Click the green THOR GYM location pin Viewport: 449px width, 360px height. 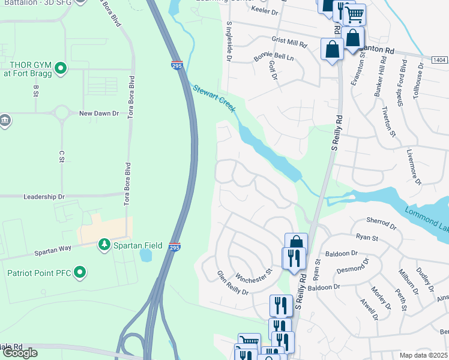(x=60, y=69)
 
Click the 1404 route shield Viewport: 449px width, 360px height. (x=439, y=60)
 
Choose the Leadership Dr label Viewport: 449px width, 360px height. (x=43, y=197)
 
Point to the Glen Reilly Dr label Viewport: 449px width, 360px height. (x=232, y=283)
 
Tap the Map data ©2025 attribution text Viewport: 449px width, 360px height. (x=424, y=355)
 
